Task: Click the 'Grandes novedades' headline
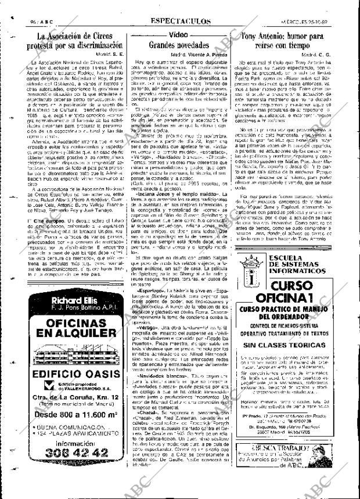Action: [x=179, y=45]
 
